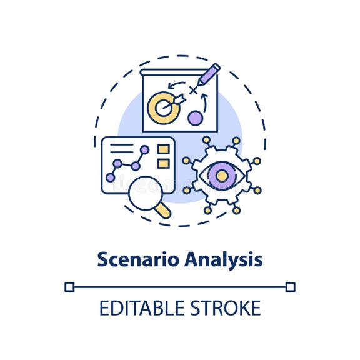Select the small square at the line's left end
click(x=69, y=287)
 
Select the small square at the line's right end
click(x=290, y=287)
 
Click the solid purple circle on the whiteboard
click(x=196, y=117)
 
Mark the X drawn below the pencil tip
click(x=193, y=91)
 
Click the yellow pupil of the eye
click(x=221, y=176)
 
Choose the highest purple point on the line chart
click(x=145, y=150)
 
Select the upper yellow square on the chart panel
click(x=163, y=149)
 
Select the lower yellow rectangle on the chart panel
click(x=163, y=163)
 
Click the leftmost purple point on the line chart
click(x=111, y=177)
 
